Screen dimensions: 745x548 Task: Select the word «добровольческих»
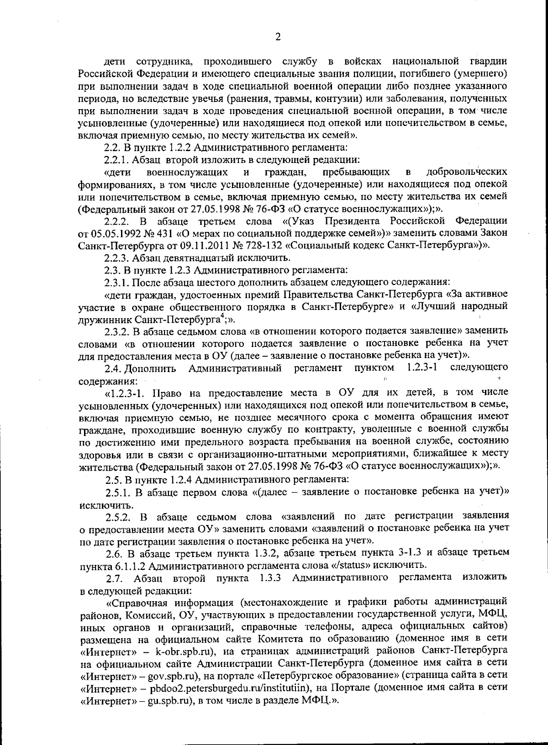[x=467, y=172]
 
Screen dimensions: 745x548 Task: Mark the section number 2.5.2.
[x=119, y=516]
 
